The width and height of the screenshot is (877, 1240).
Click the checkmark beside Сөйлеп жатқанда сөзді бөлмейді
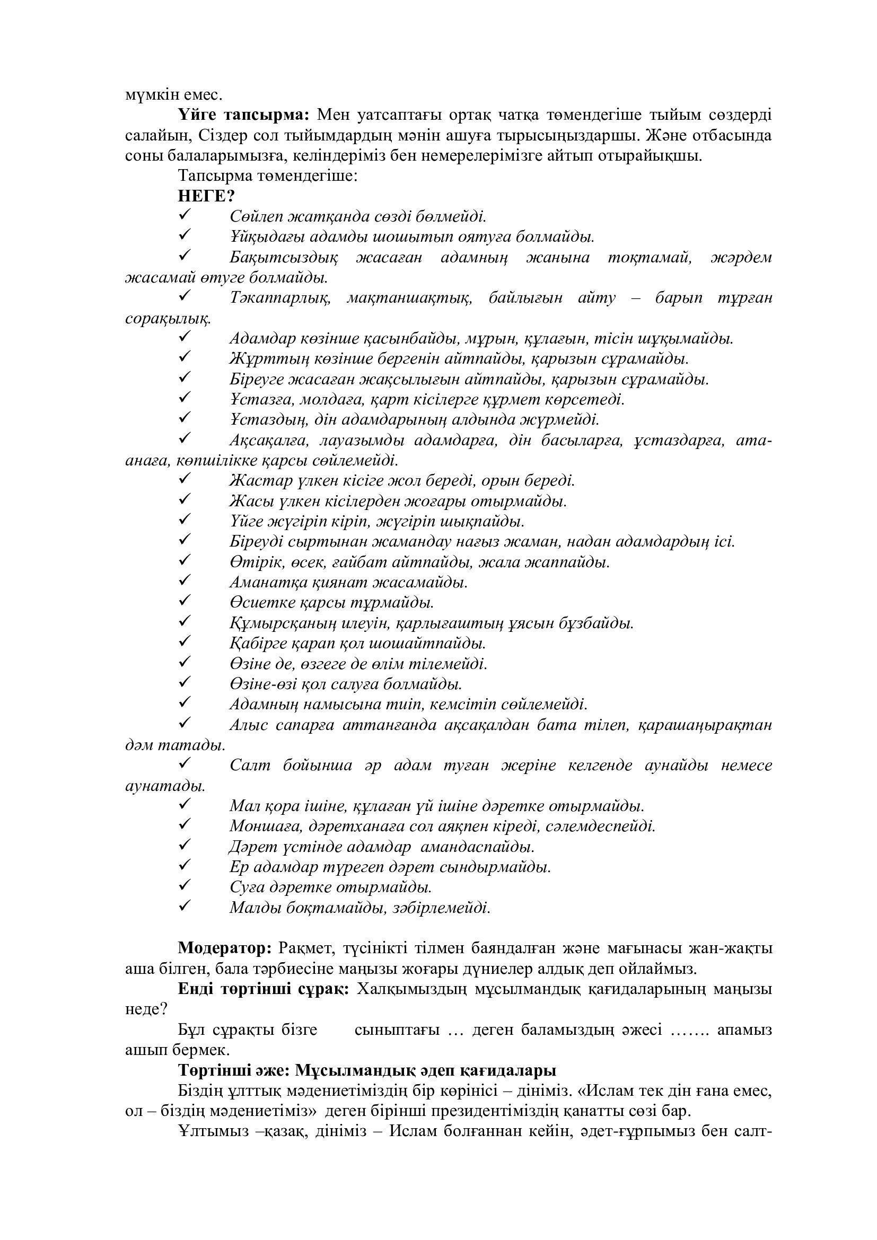(184, 215)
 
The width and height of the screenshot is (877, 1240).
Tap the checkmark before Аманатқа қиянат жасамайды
(184, 581)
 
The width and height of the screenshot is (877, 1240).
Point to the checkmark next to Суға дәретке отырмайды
(184, 885)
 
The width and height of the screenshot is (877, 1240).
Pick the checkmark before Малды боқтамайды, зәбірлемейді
(184, 905)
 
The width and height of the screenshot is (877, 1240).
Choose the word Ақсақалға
(269, 441)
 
